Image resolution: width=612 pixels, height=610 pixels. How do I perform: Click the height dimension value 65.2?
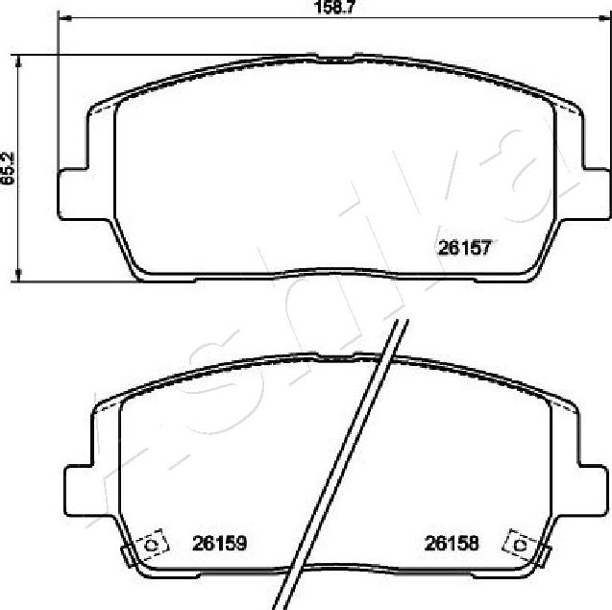click(8, 168)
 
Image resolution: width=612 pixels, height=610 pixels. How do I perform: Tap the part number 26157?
click(464, 248)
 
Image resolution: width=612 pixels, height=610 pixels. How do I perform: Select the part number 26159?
click(219, 543)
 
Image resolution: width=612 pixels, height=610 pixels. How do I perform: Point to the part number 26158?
click(452, 543)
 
